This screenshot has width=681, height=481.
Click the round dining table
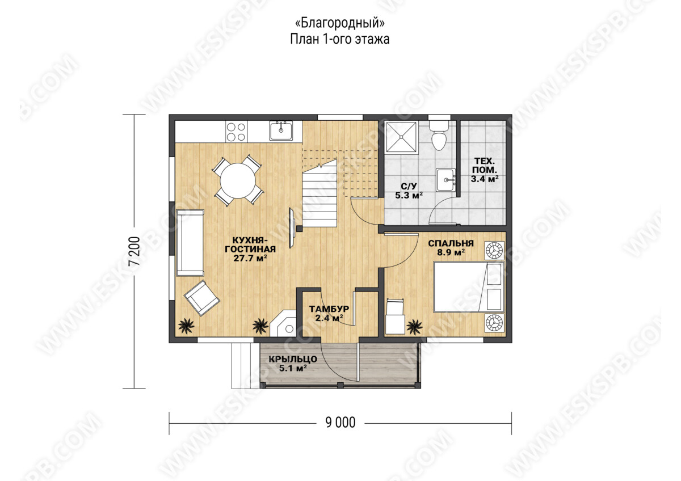(x=238, y=181)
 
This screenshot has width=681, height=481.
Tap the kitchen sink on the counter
(x=281, y=130)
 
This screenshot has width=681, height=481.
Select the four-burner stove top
(x=236, y=132)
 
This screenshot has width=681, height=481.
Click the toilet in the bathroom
(x=439, y=135)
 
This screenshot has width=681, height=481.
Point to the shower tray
(x=401, y=137)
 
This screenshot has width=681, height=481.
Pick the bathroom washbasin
(x=446, y=180)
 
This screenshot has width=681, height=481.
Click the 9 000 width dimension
(x=340, y=423)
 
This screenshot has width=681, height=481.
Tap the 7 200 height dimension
(x=134, y=251)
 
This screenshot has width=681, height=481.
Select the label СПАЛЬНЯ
(x=451, y=243)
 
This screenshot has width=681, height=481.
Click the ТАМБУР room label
(x=329, y=309)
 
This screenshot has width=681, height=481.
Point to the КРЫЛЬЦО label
(x=293, y=359)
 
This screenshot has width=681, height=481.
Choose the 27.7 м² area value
(x=250, y=258)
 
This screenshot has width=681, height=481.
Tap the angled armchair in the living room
(x=202, y=298)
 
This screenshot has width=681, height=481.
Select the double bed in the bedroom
(x=469, y=287)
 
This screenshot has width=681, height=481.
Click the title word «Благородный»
(x=340, y=23)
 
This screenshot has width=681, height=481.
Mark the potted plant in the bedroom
(x=414, y=327)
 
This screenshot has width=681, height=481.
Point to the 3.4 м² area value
(x=485, y=179)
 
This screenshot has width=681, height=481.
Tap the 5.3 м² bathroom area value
(x=409, y=195)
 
